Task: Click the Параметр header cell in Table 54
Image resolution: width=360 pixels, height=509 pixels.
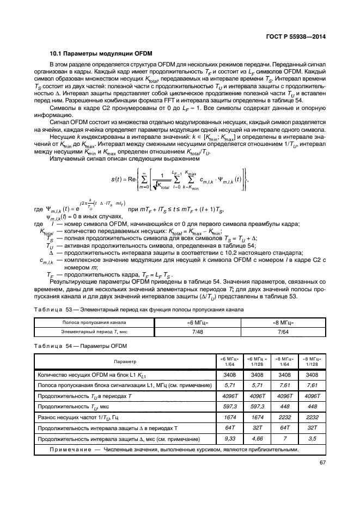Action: point(125,361)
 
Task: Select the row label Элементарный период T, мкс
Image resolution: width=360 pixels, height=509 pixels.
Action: point(94,331)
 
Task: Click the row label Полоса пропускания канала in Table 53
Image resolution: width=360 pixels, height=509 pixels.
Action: point(94,323)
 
